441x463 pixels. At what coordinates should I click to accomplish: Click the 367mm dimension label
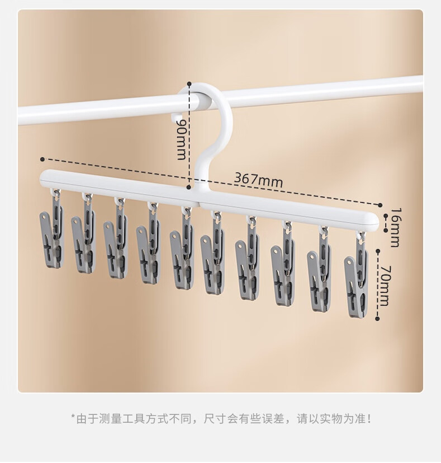pos(258,180)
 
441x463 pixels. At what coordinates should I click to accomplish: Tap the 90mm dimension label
pos(181,138)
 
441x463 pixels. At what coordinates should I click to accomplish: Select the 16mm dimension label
pos(395,227)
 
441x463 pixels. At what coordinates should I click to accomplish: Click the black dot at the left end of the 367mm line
pos(42,159)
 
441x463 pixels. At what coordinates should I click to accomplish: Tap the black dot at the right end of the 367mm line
pos(381,205)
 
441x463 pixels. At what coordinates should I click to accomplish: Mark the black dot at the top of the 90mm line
pos(190,83)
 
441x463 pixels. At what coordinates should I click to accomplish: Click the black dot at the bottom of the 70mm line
pos(378,320)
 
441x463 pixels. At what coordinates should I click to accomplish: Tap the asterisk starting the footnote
pos(73,418)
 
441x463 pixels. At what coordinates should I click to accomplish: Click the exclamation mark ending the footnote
pos(369,418)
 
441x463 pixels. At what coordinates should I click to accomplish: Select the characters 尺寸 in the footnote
pos(215,418)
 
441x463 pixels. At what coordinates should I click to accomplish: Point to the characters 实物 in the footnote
pos(331,418)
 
